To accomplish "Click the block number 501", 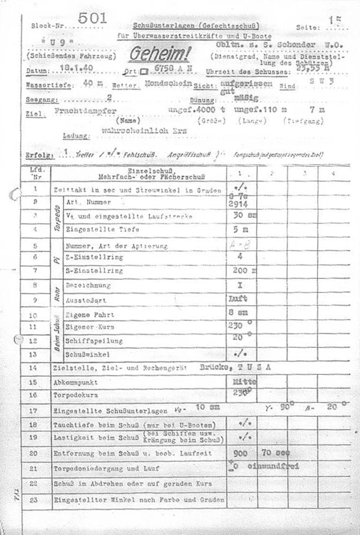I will point(93,18).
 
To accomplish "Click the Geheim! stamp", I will point(159,55).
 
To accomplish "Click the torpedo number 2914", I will point(241,204).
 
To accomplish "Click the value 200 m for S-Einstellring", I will point(244,271).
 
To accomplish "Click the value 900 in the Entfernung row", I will point(241,453).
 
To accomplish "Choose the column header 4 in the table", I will point(333,173).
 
